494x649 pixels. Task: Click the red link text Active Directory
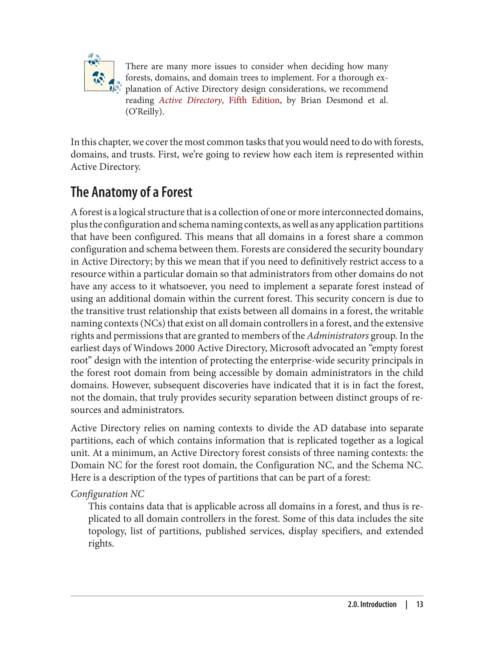pyautogui.click(x=191, y=100)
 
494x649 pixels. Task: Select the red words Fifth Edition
pyautogui.click(x=254, y=100)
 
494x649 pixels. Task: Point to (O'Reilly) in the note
pyautogui.click(x=145, y=112)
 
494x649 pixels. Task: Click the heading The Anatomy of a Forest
pyautogui.click(x=131, y=192)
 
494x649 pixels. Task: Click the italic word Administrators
pyautogui.click(x=337, y=336)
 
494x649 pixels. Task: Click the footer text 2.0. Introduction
pyautogui.click(x=372, y=605)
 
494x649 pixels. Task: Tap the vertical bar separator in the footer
pyautogui.click(x=406, y=605)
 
